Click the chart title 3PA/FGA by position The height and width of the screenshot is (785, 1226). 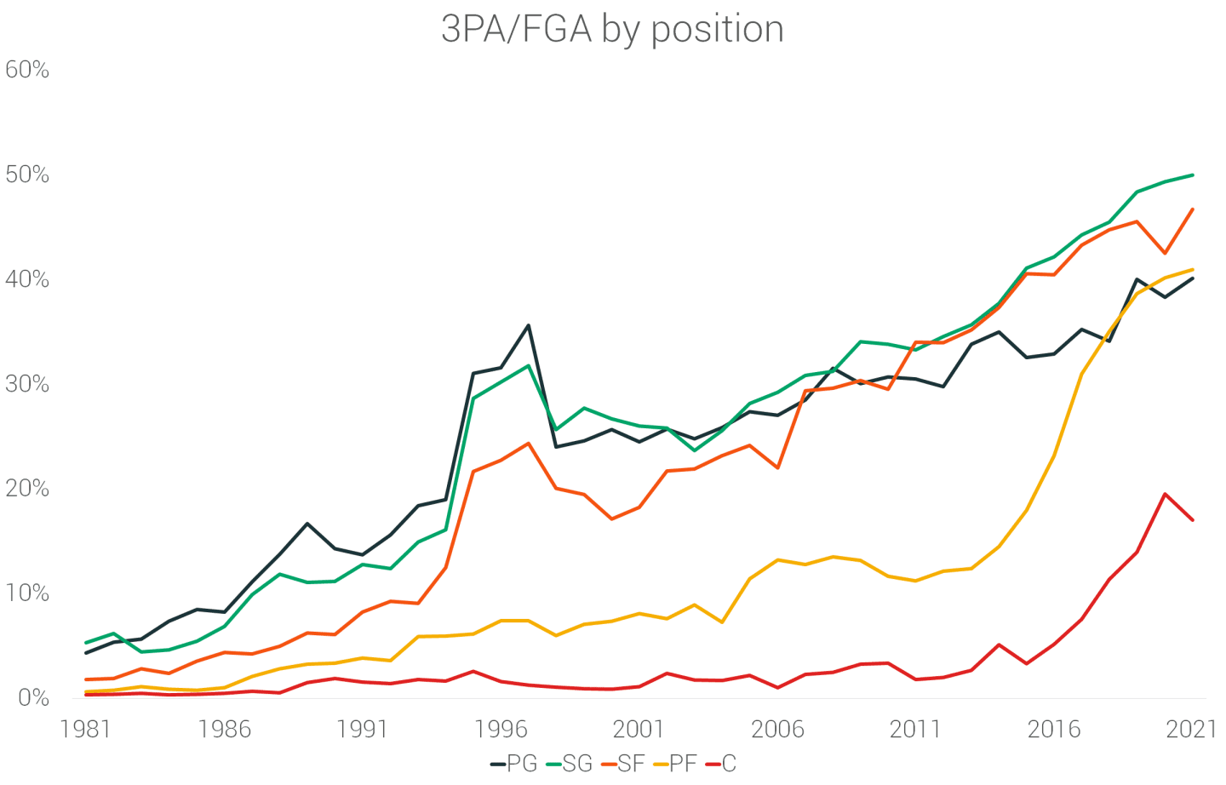[x=612, y=29]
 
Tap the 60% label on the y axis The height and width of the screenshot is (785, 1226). [x=27, y=70]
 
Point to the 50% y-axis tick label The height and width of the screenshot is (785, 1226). [x=27, y=175]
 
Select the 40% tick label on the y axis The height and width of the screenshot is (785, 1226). [x=27, y=279]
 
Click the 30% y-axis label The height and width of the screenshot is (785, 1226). [x=27, y=384]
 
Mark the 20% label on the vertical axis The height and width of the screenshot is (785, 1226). [x=27, y=489]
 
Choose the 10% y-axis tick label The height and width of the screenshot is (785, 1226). [x=27, y=593]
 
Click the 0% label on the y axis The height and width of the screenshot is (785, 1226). [x=32, y=698]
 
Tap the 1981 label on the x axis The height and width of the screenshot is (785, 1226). [x=86, y=729]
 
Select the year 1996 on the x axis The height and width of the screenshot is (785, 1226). [x=501, y=729]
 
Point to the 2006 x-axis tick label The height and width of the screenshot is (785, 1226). [x=777, y=729]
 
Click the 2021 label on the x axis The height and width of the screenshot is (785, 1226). [x=1191, y=729]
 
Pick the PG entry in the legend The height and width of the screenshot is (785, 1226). [x=514, y=764]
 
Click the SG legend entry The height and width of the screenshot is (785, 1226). [x=569, y=764]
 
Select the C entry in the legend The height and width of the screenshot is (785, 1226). [x=721, y=764]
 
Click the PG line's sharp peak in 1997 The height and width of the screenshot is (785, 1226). [x=528, y=325]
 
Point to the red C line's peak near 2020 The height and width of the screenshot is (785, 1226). [x=1165, y=494]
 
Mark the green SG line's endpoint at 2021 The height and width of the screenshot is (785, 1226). [x=1193, y=175]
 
